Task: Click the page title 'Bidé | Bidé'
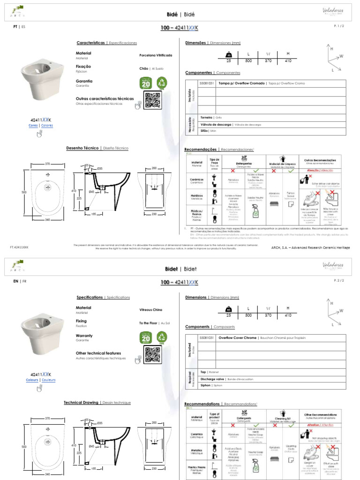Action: point(180,15)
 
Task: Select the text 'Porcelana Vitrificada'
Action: point(156,55)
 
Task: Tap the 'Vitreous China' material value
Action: point(150,310)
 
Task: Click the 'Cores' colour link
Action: point(33,126)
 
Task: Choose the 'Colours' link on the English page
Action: point(32,380)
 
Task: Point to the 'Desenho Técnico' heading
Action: point(82,148)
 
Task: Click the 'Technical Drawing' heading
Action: point(81,403)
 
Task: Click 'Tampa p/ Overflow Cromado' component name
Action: point(242,83)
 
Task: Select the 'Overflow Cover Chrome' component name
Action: point(238,337)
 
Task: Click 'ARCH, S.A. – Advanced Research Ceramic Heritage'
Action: point(311,247)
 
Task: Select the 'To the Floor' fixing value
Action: point(148,323)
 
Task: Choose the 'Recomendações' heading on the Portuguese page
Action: point(201,150)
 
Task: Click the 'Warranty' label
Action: point(84,336)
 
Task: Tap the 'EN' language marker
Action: point(15,281)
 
